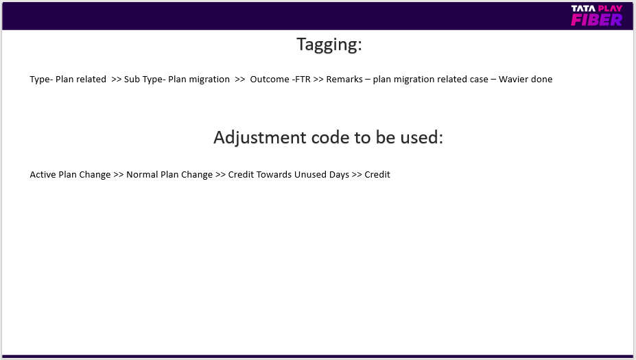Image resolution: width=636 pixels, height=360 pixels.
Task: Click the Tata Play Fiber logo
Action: point(597,16)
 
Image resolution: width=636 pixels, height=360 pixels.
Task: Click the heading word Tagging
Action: point(329,45)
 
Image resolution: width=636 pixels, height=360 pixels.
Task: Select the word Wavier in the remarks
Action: point(513,79)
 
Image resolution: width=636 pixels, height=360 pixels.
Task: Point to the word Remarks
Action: point(344,79)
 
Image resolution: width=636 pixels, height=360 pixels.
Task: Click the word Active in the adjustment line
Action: point(43,174)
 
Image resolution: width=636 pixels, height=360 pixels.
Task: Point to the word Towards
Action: point(274,174)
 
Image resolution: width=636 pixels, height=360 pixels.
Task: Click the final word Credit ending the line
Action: point(377,174)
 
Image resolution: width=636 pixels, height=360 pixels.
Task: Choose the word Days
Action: point(339,175)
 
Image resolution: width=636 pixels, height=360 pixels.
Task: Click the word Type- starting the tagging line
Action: point(41,80)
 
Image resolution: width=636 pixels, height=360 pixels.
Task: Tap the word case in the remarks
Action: point(479,79)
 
